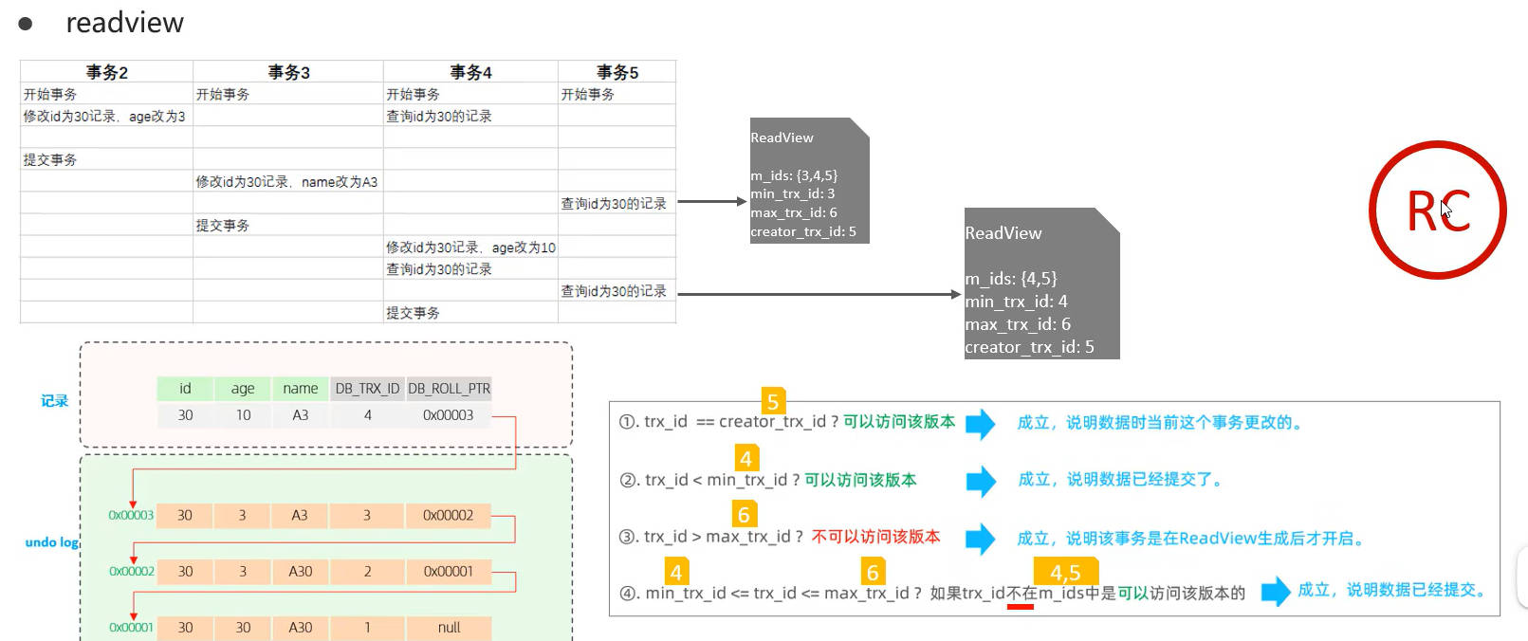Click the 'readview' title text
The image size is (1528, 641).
click(x=124, y=23)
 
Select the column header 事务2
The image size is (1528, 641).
click(x=106, y=72)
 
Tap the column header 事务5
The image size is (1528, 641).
click(x=617, y=72)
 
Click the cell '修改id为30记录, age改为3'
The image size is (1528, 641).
click(x=104, y=117)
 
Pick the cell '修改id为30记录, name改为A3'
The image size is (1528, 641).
click(x=286, y=182)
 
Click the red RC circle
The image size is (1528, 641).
click(x=1437, y=210)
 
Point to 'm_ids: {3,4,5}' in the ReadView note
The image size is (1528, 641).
click(x=794, y=175)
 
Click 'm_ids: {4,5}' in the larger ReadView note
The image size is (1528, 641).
click(x=1010, y=279)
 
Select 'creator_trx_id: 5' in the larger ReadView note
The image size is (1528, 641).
click(x=1029, y=347)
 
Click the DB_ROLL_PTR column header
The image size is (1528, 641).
click(x=449, y=389)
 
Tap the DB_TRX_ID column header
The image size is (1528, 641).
click(x=367, y=389)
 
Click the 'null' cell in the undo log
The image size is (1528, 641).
click(x=449, y=628)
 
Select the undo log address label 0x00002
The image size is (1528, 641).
click(x=131, y=572)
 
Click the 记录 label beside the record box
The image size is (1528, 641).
click(x=54, y=401)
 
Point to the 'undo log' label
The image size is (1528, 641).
click(x=51, y=542)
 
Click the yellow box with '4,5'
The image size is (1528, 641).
click(x=1065, y=573)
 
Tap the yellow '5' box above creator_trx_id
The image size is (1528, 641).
click(x=773, y=401)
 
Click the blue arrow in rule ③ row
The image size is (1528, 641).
click(x=981, y=539)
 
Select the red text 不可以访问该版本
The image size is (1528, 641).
click(x=875, y=537)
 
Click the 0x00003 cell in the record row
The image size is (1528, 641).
click(x=448, y=415)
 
